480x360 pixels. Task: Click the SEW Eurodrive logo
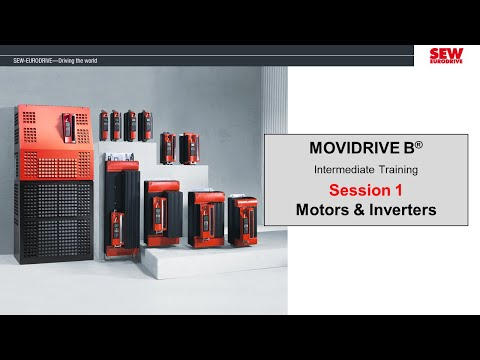(445, 56)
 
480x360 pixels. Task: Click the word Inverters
(404, 211)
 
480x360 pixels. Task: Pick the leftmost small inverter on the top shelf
(104, 124)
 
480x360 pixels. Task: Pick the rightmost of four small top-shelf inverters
(146, 124)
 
